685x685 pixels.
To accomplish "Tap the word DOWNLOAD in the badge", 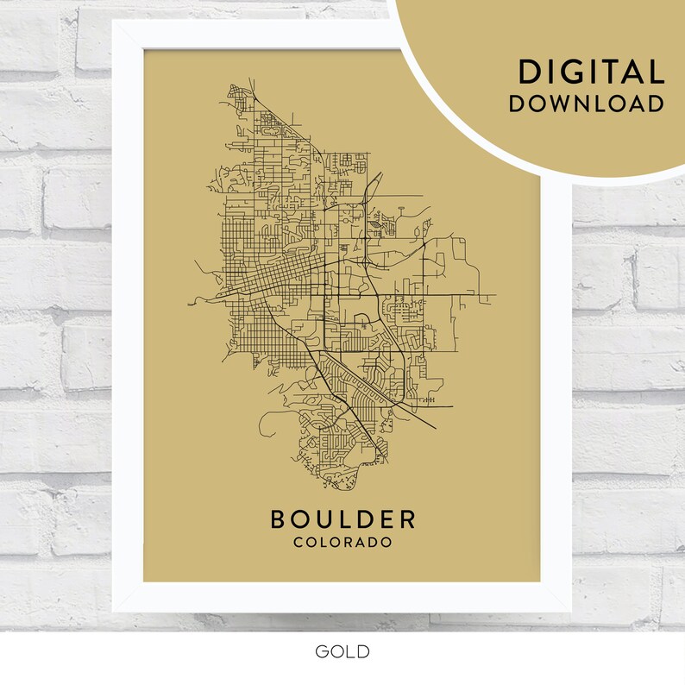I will click(586, 104).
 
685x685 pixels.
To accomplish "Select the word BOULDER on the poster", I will click(342, 519).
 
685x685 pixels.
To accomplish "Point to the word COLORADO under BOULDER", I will click(342, 543).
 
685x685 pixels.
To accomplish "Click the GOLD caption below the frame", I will click(342, 650).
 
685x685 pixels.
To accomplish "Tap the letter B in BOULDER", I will click(278, 519).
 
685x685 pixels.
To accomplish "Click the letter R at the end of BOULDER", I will click(408, 519).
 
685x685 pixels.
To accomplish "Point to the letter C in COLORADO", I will click(298, 543).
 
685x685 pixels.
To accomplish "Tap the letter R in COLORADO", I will click(348, 543).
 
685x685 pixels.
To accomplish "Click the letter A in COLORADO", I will click(361, 543).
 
